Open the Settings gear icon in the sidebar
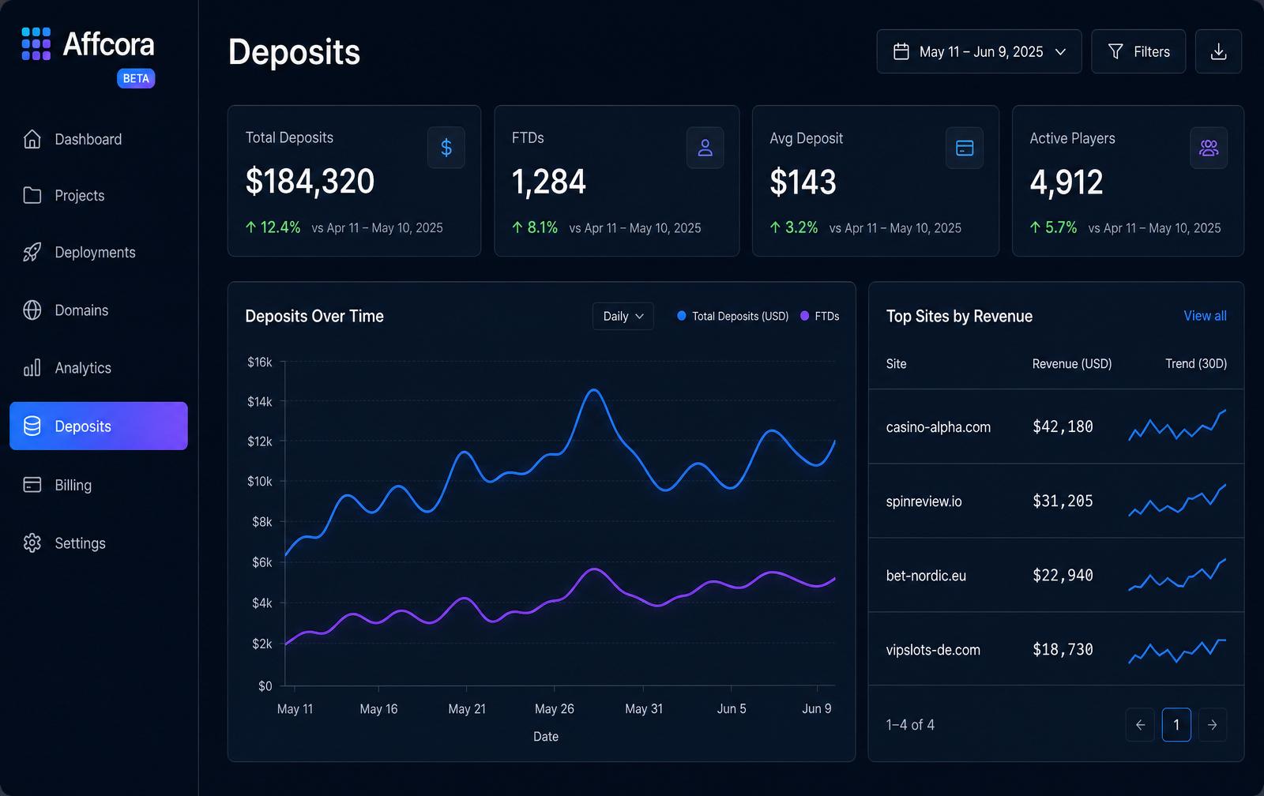coord(32,543)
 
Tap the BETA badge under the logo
coord(136,78)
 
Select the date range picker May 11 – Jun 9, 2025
coord(979,51)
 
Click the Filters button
coord(1138,51)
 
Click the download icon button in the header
coord(1218,51)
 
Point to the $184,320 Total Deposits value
coord(310,181)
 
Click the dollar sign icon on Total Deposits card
coord(446,148)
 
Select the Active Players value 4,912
coord(1066,182)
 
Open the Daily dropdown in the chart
coord(623,316)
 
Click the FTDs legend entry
coord(820,316)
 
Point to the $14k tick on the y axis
coord(260,402)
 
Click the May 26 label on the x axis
coord(554,708)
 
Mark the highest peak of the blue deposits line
coord(594,390)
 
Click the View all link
coord(1205,316)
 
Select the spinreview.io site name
coord(924,501)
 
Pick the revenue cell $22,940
coord(1063,576)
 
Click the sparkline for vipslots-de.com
coord(1177,651)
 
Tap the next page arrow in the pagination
coord(1212,724)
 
